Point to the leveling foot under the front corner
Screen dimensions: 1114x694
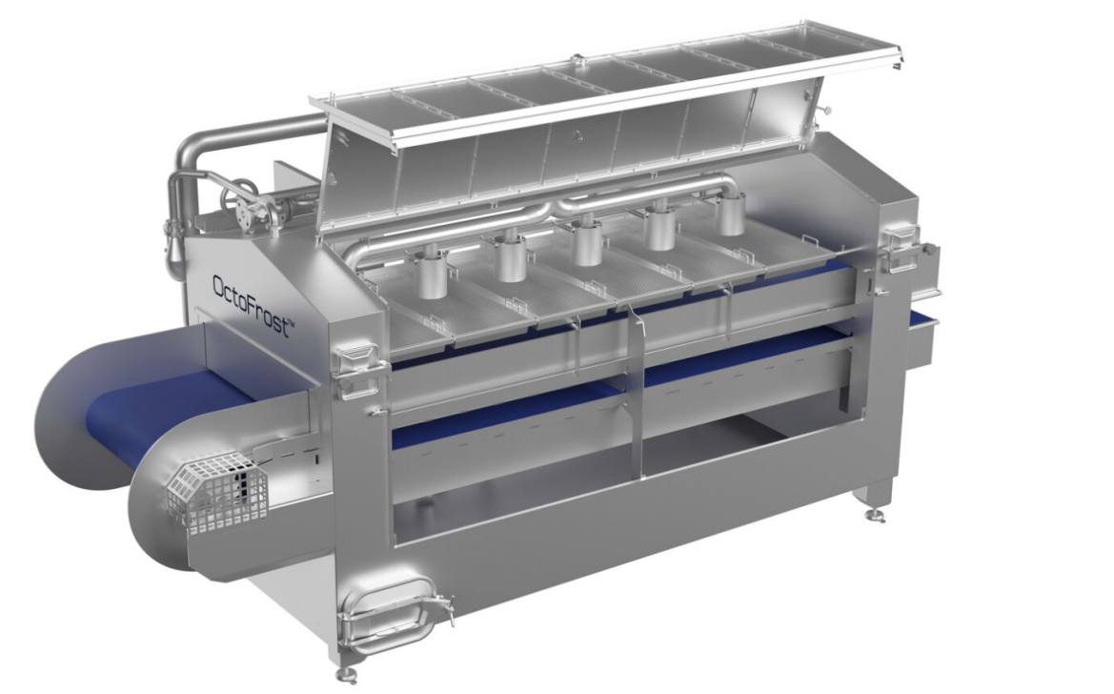point(345,673)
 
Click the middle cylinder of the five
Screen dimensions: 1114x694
point(587,242)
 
